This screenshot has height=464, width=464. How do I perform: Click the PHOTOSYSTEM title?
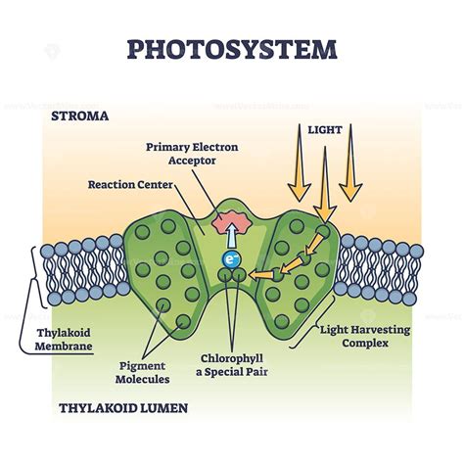pyautogui.click(x=232, y=49)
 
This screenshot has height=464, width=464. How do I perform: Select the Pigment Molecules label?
pyautogui.click(x=138, y=371)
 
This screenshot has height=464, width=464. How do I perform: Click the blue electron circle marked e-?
pyautogui.click(x=231, y=259)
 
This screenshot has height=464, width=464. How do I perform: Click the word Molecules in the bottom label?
pyautogui.click(x=138, y=379)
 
